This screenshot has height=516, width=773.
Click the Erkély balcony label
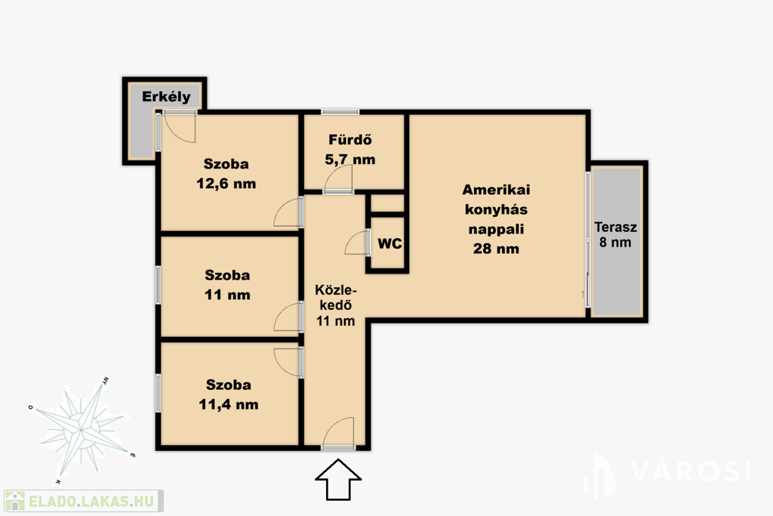(166, 97)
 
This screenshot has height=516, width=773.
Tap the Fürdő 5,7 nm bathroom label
(350, 150)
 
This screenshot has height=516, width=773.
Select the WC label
(390, 243)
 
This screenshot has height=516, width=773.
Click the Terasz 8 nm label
(615, 235)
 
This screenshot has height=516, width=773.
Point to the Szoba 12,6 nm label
(226, 174)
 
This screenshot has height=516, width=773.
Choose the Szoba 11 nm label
(227, 285)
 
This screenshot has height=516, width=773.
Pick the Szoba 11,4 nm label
(228, 394)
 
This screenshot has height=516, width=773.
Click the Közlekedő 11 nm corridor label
(335, 305)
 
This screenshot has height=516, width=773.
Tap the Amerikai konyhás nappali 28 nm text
(496, 219)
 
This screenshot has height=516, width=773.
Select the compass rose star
(82, 430)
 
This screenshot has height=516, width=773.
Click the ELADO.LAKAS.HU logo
(83, 501)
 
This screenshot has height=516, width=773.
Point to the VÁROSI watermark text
(690, 471)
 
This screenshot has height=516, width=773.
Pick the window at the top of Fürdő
(340, 112)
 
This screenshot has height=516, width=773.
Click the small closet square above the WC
(387, 203)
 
